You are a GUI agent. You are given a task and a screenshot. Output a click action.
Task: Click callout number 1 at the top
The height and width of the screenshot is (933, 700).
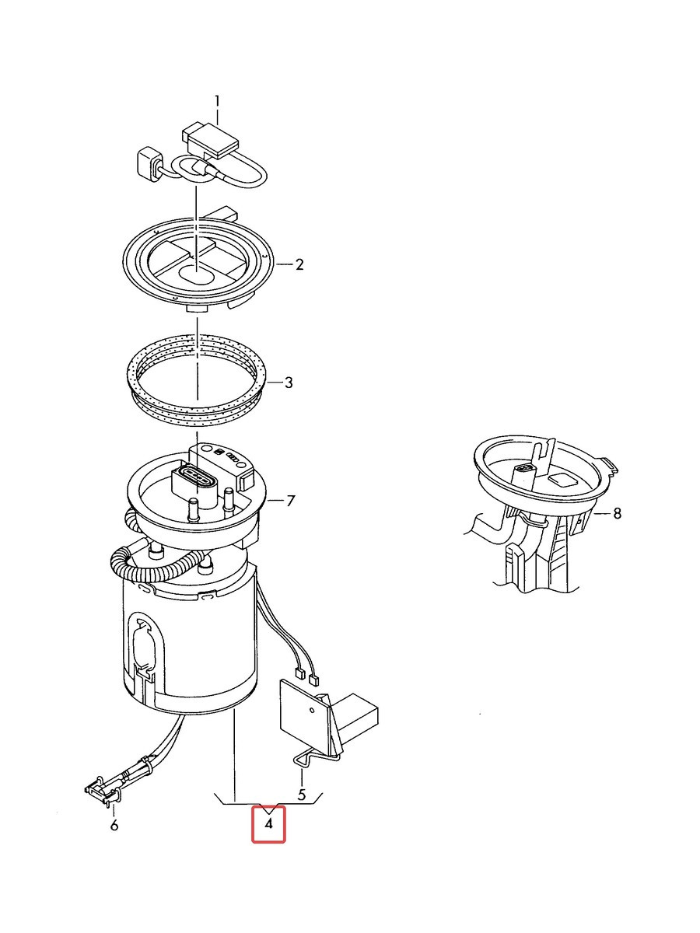coord(217,102)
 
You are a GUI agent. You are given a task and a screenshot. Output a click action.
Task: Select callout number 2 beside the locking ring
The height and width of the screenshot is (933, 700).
coord(299,265)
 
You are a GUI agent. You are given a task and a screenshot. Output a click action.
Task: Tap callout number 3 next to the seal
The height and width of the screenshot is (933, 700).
coord(289,383)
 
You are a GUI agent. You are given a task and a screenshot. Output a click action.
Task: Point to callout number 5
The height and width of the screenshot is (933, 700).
coord(302,794)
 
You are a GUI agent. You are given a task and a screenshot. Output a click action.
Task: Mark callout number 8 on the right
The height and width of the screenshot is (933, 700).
coord(617,513)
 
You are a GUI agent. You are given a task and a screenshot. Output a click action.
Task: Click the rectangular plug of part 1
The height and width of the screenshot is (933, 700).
coord(210,140)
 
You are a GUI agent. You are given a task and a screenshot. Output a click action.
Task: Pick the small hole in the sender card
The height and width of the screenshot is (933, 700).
coord(313,711)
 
